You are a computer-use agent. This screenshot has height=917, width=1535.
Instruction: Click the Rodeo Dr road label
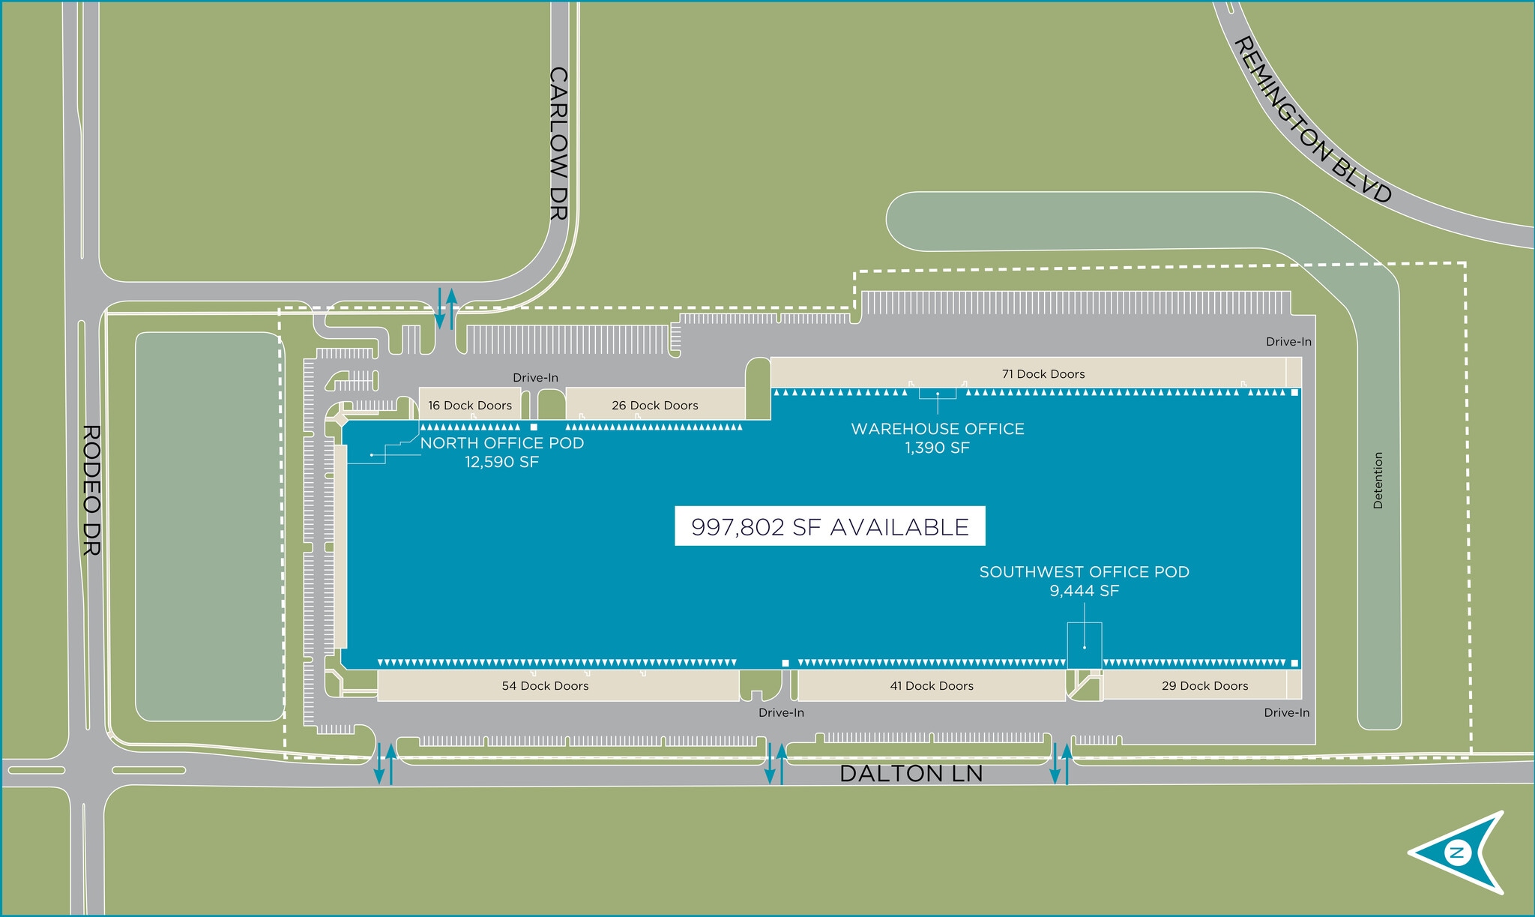[x=91, y=490]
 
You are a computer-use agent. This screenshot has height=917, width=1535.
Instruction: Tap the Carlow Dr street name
[x=558, y=143]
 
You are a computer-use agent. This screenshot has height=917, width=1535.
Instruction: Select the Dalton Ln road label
[x=911, y=773]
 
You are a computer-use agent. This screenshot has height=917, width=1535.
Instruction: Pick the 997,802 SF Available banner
[x=830, y=526]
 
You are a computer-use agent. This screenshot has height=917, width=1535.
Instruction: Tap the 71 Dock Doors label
[x=1043, y=374]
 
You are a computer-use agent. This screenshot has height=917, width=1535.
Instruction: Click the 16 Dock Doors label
[x=470, y=406]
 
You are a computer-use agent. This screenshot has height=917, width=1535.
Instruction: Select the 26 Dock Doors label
[x=654, y=406]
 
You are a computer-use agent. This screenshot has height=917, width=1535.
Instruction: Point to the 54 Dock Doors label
[x=545, y=686]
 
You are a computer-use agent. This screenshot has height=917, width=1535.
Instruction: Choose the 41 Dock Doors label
[x=932, y=686]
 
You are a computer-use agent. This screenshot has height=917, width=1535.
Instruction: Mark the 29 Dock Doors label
[x=1204, y=686]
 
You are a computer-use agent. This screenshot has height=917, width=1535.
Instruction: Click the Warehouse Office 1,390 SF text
[x=937, y=438]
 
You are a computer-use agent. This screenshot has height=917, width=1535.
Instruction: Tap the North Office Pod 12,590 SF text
[x=501, y=452]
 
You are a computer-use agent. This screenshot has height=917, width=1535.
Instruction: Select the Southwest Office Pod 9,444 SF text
[x=1084, y=581]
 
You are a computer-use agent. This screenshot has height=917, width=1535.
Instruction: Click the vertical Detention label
[x=1378, y=481]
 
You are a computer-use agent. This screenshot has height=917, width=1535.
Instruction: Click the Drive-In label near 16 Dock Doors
[x=535, y=378]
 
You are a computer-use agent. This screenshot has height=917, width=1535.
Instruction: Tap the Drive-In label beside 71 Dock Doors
[x=1288, y=342]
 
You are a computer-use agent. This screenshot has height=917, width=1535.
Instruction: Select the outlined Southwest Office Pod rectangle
[x=1085, y=646]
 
